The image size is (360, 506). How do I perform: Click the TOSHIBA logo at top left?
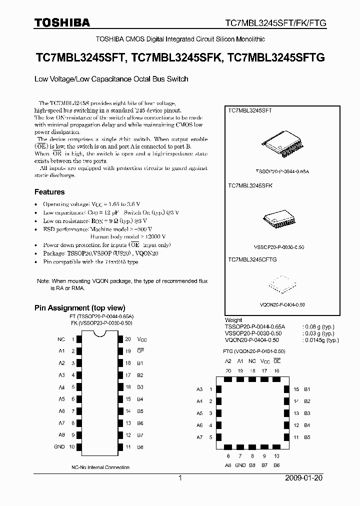click(62, 22)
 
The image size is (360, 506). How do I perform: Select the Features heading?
click(49, 192)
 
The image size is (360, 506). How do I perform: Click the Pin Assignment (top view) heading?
click(79, 308)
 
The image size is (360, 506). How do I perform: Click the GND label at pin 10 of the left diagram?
click(59, 446)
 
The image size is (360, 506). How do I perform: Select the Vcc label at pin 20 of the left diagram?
click(142, 339)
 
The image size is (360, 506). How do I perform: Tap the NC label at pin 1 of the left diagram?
click(61, 339)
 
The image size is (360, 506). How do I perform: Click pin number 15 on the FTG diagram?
click(296, 389)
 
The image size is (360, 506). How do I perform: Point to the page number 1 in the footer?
click(179, 478)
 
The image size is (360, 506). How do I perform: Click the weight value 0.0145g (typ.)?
click(321, 340)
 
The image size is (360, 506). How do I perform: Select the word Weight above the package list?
click(233, 320)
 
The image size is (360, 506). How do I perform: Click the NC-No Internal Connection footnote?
click(100, 467)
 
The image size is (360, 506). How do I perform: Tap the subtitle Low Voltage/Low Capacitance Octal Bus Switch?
click(111, 79)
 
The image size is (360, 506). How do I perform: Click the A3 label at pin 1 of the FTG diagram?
click(199, 389)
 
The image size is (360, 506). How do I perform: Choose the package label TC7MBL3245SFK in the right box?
click(250, 185)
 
